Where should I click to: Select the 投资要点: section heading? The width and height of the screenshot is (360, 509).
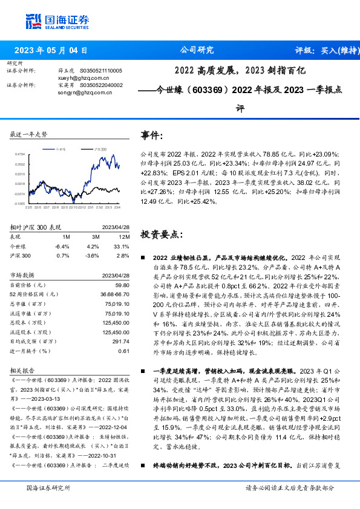click(x=160, y=233)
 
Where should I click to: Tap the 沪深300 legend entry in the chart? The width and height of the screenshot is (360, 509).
click(x=100, y=148)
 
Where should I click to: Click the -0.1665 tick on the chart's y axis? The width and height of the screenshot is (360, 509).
click(x=20, y=204)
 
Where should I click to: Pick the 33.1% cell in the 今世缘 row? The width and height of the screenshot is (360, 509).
click(x=122, y=247)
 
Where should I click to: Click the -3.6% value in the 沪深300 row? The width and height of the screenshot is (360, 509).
click(x=92, y=256)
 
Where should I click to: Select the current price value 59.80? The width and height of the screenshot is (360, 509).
click(x=122, y=284)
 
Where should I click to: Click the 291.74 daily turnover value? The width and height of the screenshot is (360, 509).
click(x=121, y=342)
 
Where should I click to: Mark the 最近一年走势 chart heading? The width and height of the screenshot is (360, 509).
click(x=28, y=134)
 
